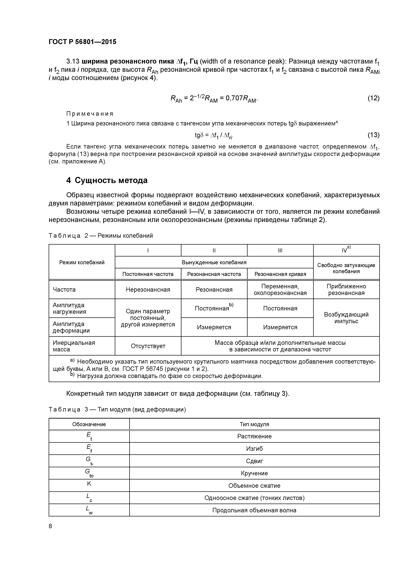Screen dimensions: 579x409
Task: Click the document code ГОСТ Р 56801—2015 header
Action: click(82, 42)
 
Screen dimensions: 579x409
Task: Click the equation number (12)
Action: click(373, 98)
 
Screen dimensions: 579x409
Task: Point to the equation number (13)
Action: click(373, 135)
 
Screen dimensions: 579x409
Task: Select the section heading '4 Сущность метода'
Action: click(107, 180)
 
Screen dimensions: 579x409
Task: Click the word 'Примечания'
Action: click(90, 114)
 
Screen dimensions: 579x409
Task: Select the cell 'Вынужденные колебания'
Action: click(214, 262)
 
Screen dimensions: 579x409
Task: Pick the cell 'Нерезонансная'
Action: click(148, 289)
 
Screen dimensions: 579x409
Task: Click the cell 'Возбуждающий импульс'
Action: click(346, 318)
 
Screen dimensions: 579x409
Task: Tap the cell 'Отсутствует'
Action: click(148, 346)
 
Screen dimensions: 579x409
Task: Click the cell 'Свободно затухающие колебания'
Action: click(346, 268)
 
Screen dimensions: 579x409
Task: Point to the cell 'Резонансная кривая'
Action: click(280, 274)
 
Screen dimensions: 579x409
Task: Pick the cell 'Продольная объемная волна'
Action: click(254, 510)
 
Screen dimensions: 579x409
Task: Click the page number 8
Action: click(50, 526)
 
